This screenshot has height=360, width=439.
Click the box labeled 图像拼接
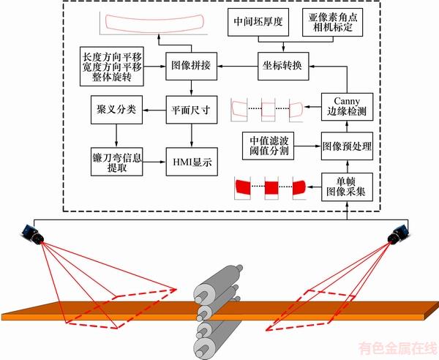[192, 65]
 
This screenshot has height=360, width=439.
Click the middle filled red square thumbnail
[271, 187]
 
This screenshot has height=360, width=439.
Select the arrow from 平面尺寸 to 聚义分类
[152, 110]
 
